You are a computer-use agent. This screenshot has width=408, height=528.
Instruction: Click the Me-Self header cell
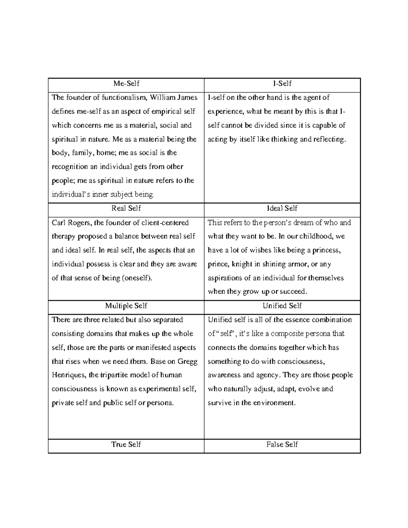coord(126,84)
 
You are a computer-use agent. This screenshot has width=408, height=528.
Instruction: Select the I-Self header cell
coord(282,84)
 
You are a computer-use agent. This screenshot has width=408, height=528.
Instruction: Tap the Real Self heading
coord(126,208)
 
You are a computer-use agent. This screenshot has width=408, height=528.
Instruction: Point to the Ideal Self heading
coord(282,208)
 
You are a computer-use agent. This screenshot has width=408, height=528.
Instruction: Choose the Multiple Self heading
coord(126,306)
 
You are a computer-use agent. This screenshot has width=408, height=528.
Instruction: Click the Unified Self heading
coord(282,306)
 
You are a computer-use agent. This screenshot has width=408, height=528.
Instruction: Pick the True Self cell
coord(126,444)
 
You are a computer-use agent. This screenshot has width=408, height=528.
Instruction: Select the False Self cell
coord(282,444)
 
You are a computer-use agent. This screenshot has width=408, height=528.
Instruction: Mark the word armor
coord(296,265)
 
